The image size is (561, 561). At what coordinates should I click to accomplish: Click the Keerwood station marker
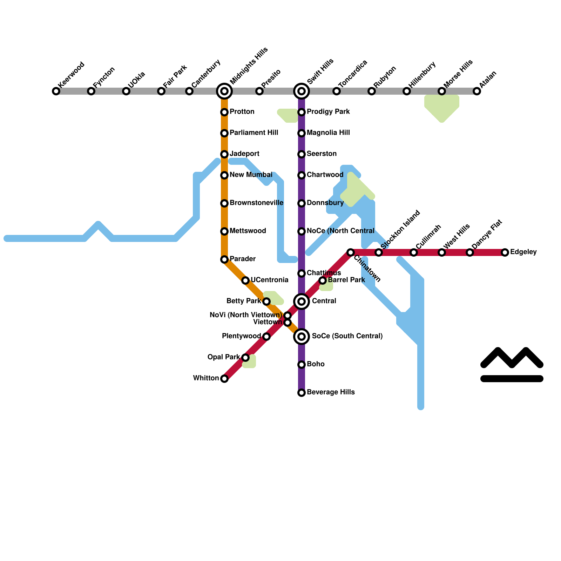pyautogui.click(x=56, y=91)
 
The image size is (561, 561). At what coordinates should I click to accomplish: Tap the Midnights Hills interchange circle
pyautogui.click(x=224, y=91)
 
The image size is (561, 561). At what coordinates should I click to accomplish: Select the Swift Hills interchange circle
pyautogui.click(x=302, y=91)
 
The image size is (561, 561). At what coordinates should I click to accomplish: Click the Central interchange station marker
pyautogui.click(x=302, y=302)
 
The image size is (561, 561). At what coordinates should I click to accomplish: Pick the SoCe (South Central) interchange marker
pyautogui.click(x=302, y=337)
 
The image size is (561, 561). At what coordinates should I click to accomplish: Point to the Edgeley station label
pyautogui.click(x=523, y=252)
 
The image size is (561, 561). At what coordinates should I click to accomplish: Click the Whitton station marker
pyautogui.click(x=224, y=379)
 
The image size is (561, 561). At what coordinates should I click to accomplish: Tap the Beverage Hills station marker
pyautogui.click(x=302, y=393)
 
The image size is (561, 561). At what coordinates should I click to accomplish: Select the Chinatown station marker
pyautogui.click(x=351, y=252)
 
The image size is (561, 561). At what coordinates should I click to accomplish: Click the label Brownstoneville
pyautogui.click(x=256, y=203)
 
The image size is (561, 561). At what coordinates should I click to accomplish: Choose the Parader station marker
pyautogui.click(x=224, y=259)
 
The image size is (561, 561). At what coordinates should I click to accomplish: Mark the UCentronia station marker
pyautogui.click(x=245, y=280)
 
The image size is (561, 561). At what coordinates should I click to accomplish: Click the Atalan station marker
pyautogui.click(x=477, y=91)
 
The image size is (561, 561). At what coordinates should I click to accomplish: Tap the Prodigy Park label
pyautogui.click(x=328, y=112)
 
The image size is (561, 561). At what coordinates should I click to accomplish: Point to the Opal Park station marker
pyautogui.click(x=245, y=358)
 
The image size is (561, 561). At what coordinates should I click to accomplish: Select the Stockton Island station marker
pyautogui.click(x=379, y=252)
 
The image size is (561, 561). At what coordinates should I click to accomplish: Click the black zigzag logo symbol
pyautogui.click(x=512, y=365)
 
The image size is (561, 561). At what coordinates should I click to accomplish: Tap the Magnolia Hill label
pyautogui.click(x=328, y=133)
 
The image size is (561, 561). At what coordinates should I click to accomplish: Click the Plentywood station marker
pyautogui.click(x=266, y=337)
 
